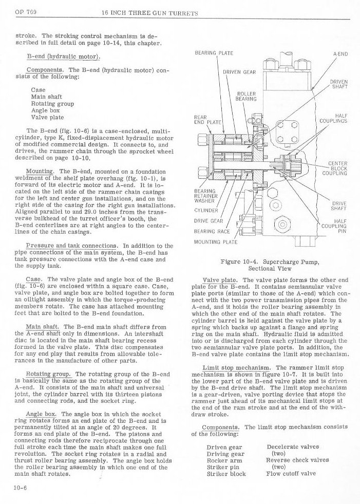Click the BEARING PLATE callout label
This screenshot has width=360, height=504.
pos(214,53)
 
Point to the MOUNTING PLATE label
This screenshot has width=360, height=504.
pos(215,241)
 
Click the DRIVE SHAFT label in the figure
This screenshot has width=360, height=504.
pos(338,206)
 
